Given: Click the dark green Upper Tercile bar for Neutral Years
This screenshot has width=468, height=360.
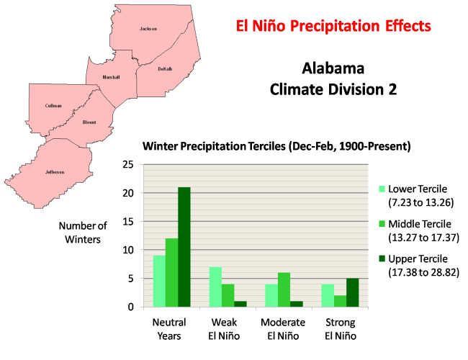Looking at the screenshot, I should (x=185, y=247).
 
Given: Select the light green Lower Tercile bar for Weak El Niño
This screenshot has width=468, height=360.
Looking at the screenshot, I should (x=215, y=287).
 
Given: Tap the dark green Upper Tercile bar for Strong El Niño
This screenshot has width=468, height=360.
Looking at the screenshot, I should (x=353, y=292).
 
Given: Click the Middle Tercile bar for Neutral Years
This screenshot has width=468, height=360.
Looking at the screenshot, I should (x=171, y=272).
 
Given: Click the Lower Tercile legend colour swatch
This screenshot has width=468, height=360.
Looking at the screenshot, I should (x=384, y=189).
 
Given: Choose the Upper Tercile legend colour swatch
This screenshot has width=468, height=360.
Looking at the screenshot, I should (x=384, y=258).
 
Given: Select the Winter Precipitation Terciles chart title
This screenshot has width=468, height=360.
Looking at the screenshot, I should (x=276, y=146).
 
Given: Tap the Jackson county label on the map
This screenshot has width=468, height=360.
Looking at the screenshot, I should (x=148, y=29).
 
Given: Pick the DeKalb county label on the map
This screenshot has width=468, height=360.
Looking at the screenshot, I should (x=165, y=69).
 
